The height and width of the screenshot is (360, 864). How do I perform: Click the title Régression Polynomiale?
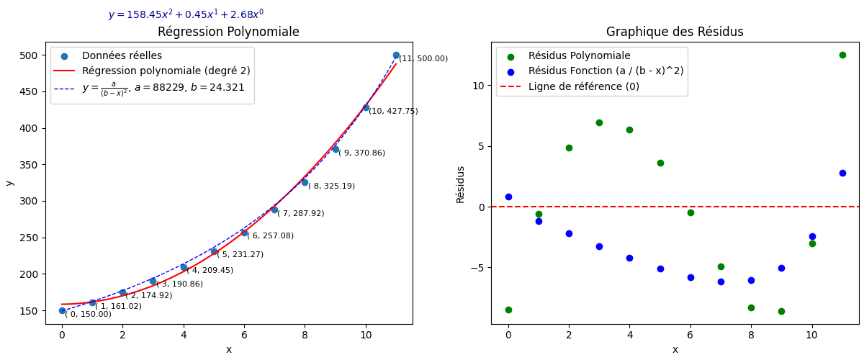tap(228, 32)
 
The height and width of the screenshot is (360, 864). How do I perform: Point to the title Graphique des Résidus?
tap(675, 32)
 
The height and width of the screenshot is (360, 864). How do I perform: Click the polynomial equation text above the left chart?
tap(186, 14)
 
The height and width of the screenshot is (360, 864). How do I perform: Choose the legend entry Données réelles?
tap(122, 56)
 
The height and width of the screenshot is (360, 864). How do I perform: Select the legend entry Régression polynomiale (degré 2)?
tap(150, 71)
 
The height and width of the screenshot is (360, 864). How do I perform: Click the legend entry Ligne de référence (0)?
tap(584, 86)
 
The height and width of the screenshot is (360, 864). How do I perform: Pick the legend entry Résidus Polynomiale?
tap(579, 56)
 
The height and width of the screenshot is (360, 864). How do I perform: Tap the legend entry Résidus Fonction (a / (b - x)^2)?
tap(606, 71)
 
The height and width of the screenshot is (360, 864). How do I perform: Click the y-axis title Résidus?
tap(461, 184)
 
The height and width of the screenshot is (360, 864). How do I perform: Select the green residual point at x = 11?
tap(842, 55)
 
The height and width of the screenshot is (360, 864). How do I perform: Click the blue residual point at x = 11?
tap(842, 173)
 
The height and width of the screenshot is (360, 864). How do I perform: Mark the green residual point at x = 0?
tap(508, 310)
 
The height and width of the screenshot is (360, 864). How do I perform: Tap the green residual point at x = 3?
tap(599, 122)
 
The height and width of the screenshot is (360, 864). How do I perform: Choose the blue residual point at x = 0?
tap(508, 197)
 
